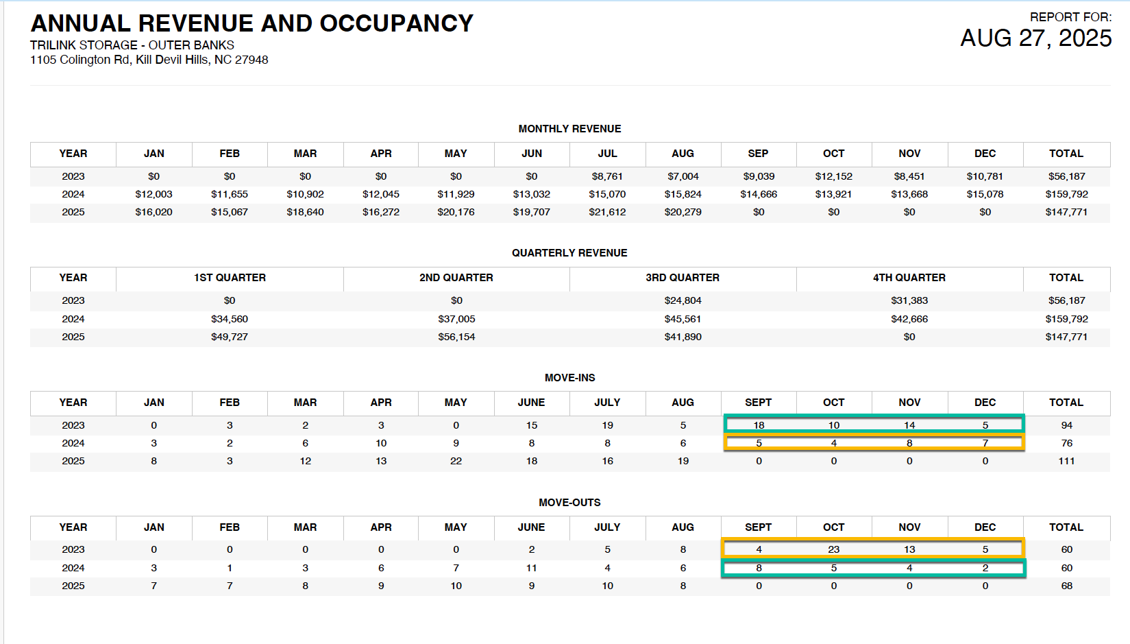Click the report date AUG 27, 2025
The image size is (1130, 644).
(1035, 38)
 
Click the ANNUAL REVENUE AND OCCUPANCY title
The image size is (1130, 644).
(252, 23)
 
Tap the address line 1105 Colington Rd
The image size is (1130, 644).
(149, 60)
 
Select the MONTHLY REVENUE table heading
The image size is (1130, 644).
(569, 129)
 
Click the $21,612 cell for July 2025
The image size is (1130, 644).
(607, 213)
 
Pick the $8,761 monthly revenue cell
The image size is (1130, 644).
(607, 176)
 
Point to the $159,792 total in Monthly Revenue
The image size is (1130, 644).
(1066, 194)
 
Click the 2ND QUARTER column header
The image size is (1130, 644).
(456, 278)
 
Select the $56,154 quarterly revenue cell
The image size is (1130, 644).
(456, 337)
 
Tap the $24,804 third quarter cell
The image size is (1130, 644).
(683, 300)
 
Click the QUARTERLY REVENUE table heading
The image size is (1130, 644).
(569, 253)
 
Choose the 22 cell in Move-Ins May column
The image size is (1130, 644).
(456, 461)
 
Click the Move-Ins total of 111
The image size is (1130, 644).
(1066, 461)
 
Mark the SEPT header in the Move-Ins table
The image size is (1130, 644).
(758, 403)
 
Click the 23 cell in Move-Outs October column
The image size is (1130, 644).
(833, 549)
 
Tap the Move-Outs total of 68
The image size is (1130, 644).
(1066, 586)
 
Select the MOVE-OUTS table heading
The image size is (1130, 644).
(569, 503)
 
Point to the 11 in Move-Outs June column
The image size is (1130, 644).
(532, 568)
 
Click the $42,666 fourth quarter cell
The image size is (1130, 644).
(909, 319)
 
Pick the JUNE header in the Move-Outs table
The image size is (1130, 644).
(532, 527)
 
